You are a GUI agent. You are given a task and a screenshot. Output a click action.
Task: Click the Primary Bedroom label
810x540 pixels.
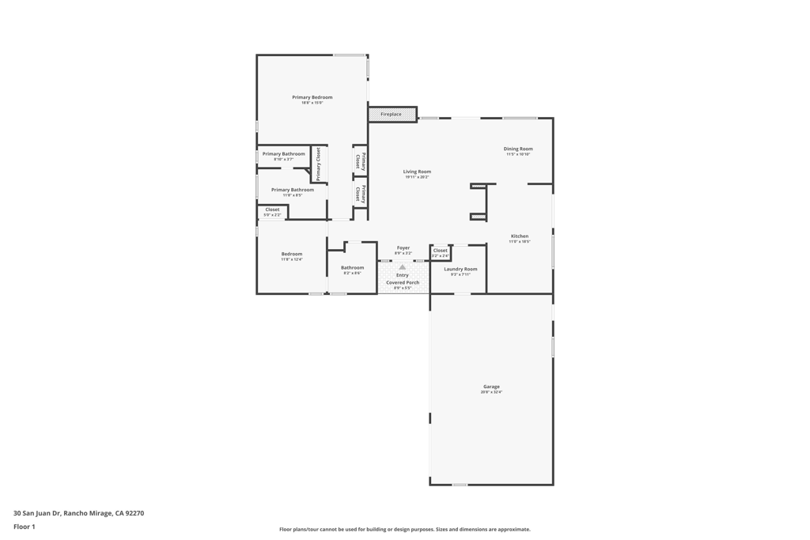coord(312,97)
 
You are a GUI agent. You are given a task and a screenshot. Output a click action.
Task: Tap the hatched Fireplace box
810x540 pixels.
coord(392,115)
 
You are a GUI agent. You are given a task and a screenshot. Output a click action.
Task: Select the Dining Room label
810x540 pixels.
coord(518,149)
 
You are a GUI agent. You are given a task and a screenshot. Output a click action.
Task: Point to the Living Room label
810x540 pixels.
coord(417,172)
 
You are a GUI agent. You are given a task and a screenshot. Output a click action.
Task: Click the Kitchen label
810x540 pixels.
coord(520,236)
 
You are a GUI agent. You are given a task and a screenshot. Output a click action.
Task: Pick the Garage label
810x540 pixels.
coord(491,387)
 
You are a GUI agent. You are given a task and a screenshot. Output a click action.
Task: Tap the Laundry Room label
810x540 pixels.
coord(460,269)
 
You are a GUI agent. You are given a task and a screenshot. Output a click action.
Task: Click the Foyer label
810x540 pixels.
coord(403,247)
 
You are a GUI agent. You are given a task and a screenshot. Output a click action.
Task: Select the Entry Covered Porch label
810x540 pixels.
coord(403,279)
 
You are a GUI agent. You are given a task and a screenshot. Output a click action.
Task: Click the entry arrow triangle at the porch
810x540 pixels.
coord(403,267)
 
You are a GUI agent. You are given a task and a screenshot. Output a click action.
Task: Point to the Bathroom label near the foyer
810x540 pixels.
coord(352,267)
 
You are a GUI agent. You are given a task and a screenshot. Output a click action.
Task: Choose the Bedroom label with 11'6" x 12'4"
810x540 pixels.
coord(292,254)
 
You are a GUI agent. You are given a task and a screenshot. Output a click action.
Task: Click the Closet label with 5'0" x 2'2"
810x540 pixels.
coord(272,210)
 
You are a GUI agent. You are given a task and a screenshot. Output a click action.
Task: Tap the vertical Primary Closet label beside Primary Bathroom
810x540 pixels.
coord(319,164)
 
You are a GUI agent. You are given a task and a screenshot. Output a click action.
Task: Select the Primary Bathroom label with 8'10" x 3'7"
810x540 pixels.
coord(283,153)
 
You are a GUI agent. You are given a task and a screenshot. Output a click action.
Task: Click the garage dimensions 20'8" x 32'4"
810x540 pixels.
coord(491,392)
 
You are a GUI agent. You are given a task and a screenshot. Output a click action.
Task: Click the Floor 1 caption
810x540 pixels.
coord(25,527)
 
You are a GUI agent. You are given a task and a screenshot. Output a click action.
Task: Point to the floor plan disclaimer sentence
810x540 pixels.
coord(405,530)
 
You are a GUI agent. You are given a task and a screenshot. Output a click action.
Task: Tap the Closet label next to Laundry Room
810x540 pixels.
coord(441,251)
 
